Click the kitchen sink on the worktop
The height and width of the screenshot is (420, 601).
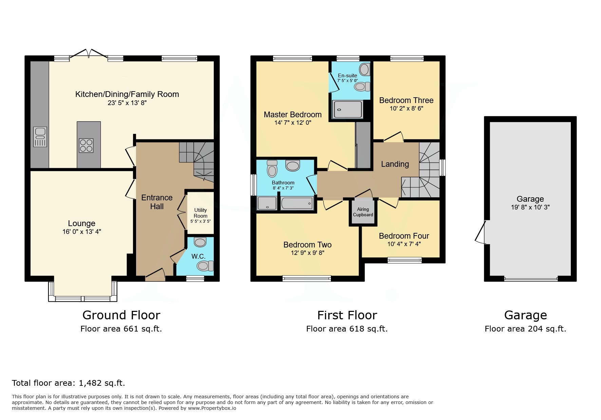click(x=40, y=137)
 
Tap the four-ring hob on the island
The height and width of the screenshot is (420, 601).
click(x=86, y=145)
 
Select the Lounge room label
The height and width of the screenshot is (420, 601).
click(x=81, y=223)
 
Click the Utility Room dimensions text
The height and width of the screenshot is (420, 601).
click(x=200, y=221)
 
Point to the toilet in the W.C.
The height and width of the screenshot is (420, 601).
click(x=205, y=265)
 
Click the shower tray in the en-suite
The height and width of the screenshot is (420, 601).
click(x=347, y=109)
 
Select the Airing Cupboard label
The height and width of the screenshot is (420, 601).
click(x=363, y=212)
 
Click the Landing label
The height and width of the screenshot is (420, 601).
click(x=395, y=164)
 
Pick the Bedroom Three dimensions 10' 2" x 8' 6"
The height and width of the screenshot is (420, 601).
click(x=406, y=108)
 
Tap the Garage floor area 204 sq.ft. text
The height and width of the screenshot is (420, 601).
click(x=525, y=329)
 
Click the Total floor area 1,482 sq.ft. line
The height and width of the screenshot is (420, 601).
click(x=69, y=383)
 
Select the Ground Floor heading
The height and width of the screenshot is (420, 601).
click(x=121, y=315)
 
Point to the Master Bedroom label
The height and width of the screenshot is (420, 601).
click(x=293, y=115)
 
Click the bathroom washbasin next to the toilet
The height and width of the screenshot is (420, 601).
click(x=293, y=166)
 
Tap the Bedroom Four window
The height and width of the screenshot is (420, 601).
click(x=405, y=260)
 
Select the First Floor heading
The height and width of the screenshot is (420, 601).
click(x=347, y=315)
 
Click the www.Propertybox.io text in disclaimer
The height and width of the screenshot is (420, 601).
click(x=212, y=408)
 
